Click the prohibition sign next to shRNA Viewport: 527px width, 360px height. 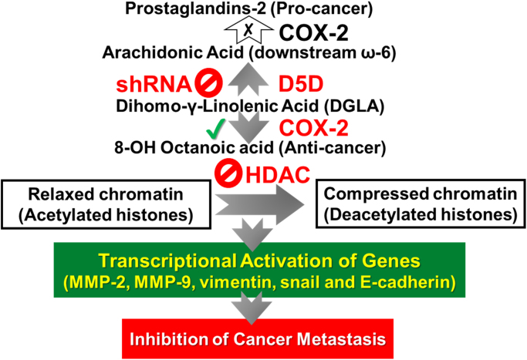coord(207,82)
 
